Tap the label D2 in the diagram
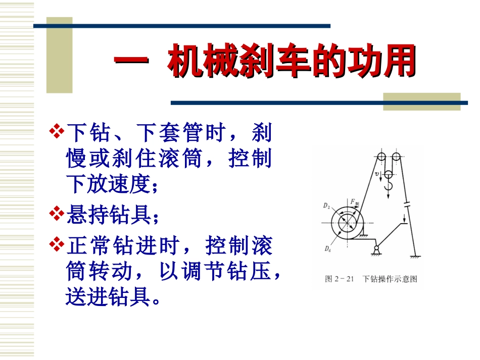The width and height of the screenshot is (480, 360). tap(326, 207)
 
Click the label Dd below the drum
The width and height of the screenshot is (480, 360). tap(328, 248)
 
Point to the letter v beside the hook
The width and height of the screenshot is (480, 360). tap(377, 175)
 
